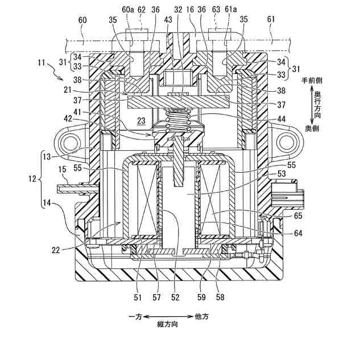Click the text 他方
coord(202,315)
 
